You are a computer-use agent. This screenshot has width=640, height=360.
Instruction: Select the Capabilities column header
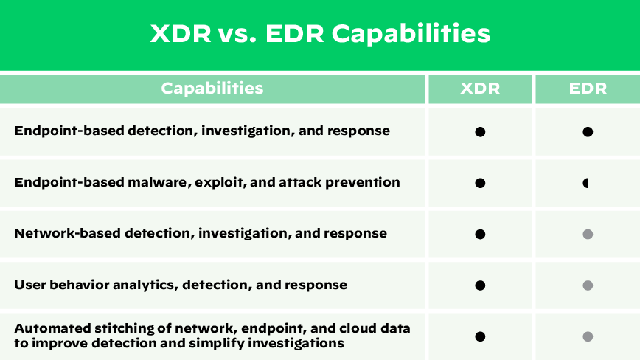(x=212, y=89)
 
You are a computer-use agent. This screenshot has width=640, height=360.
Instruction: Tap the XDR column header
(x=480, y=89)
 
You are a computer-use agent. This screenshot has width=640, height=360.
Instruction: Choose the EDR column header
(x=588, y=89)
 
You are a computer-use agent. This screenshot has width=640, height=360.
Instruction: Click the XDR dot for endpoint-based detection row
(x=480, y=132)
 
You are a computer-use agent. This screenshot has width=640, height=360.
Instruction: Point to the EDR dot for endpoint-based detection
(x=588, y=132)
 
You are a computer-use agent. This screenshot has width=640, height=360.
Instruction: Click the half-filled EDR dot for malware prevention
(x=587, y=183)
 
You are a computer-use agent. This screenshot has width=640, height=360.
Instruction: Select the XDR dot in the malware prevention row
(x=480, y=183)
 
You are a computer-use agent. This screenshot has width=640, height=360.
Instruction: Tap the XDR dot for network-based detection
(x=480, y=234)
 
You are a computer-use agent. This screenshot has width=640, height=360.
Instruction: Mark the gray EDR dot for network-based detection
(x=588, y=234)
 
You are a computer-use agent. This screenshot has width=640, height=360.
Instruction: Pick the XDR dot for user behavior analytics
(x=480, y=285)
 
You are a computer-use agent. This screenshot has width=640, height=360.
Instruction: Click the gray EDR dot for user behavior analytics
(x=588, y=285)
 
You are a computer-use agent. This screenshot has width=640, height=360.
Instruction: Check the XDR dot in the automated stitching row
(x=480, y=336)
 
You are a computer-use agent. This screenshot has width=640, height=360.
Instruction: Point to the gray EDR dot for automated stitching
(x=588, y=336)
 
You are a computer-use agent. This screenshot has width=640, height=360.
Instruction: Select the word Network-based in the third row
(x=68, y=233)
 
